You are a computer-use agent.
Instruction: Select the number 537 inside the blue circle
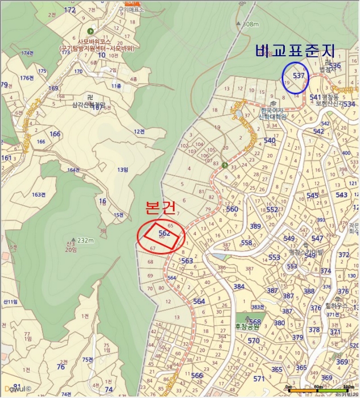point(299,75)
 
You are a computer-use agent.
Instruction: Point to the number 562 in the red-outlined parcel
point(165,233)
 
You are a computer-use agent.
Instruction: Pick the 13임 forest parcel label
point(122,170)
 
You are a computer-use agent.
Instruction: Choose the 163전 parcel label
point(39,194)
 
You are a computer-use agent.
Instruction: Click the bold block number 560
point(232,209)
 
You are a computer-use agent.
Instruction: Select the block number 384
point(238,287)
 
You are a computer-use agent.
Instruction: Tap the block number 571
point(259,379)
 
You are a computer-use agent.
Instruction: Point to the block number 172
point(70,10)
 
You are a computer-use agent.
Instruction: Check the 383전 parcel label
point(258,307)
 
